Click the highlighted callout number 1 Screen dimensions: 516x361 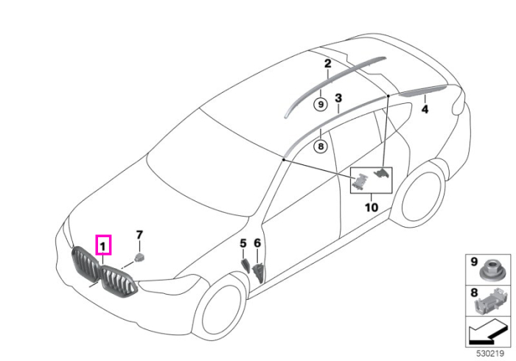[103, 246]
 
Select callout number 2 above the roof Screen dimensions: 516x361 [327, 63]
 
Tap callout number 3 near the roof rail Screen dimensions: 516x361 [338, 98]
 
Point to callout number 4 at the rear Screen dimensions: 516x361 [425, 109]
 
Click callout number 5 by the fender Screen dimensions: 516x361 [243, 244]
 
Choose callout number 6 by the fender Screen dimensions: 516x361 [257, 243]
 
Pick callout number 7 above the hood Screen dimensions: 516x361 [139, 235]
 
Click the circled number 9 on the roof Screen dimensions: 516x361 [321, 105]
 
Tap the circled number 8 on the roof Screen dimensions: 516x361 [321, 146]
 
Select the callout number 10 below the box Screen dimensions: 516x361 [372, 208]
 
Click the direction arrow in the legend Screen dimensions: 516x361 [488, 334]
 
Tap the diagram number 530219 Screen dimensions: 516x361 [490, 354]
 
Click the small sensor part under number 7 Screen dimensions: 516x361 [139, 257]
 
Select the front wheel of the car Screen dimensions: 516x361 [220, 307]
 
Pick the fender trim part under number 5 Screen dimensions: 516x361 [246, 265]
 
